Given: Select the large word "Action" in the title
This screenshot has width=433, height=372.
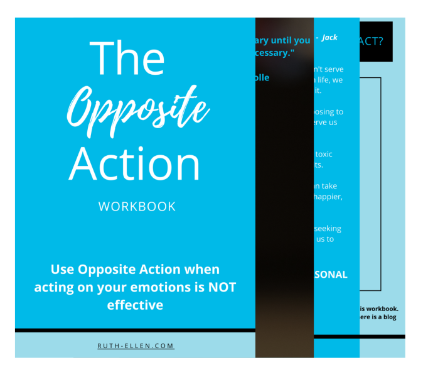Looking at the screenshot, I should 135,165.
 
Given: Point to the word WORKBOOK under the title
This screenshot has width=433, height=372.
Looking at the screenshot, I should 137,207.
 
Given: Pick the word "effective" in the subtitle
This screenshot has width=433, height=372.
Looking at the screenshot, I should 135,305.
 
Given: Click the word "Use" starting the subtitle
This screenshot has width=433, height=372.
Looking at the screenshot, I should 62,270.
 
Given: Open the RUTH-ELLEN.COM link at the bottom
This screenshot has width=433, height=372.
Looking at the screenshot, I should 136,346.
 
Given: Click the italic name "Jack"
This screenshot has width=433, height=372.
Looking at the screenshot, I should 329,38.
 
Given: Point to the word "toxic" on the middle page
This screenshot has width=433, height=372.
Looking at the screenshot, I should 323,154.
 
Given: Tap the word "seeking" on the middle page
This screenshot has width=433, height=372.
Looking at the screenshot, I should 328,229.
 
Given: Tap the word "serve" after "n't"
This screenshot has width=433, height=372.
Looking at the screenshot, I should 334,69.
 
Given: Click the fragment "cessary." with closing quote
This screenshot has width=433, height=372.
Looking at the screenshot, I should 281,53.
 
